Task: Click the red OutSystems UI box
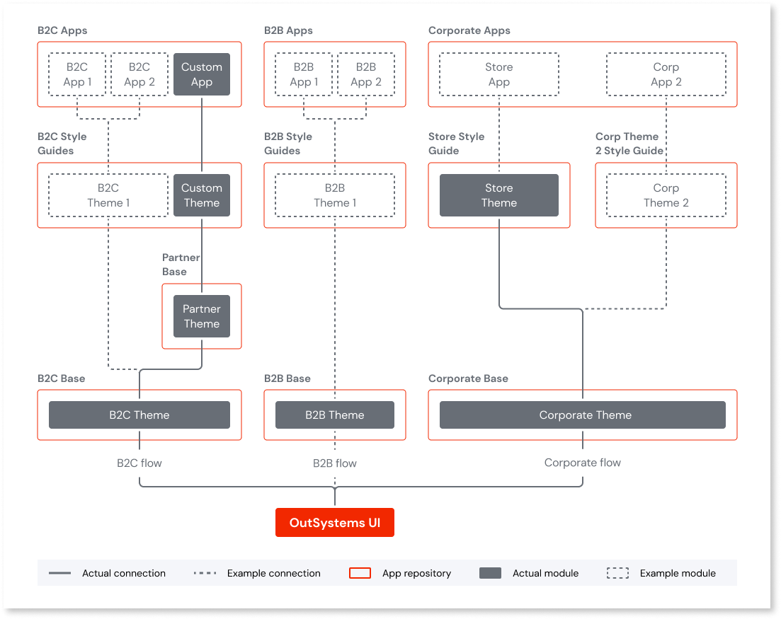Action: (x=334, y=523)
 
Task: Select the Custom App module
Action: (x=202, y=74)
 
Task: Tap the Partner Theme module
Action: (x=202, y=316)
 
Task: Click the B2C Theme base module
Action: (x=139, y=415)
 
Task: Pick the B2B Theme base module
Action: (x=335, y=415)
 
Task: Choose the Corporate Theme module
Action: (x=583, y=415)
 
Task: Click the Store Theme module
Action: (x=499, y=195)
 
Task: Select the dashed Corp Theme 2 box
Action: (x=666, y=195)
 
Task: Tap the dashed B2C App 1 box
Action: (x=77, y=74)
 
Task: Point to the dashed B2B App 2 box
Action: (x=366, y=74)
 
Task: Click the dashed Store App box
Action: (x=499, y=74)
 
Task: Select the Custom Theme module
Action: (x=202, y=195)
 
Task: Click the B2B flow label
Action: (x=335, y=463)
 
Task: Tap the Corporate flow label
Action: (x=583, y=463)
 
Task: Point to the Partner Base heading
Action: (x=181, y=265)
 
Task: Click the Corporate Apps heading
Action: (x=469, y=30)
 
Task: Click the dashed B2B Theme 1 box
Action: (x=335, y=195)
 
